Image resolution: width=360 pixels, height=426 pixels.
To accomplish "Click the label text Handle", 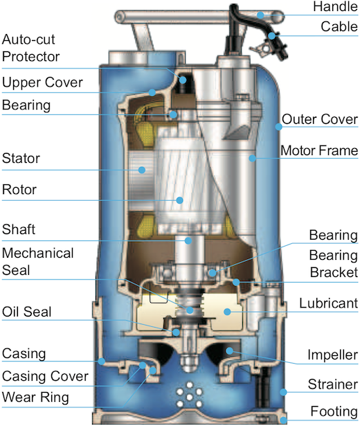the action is pos(335,6).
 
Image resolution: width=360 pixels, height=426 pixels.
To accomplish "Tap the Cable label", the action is pos(339,26).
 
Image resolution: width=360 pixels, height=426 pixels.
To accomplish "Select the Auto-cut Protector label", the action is pos(30,48).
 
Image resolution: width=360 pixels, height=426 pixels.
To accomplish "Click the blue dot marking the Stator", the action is pos(141,170).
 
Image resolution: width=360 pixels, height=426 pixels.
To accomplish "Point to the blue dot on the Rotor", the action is pos(179,200).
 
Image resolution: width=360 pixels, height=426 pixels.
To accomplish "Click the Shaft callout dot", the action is pos(188,240).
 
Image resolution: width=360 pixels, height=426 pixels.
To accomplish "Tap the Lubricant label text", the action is pos(329,303).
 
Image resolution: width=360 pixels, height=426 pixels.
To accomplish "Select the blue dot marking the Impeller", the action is pos(229,350).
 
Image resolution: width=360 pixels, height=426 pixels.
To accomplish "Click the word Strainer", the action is pos(333,384).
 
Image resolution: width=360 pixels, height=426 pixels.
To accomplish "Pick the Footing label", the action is pos(334,411).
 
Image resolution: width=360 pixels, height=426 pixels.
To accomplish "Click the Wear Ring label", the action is pos(35,397).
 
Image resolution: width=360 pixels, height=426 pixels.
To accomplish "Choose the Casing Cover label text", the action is pos(45,376).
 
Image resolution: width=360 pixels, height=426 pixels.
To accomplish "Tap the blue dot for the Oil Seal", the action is pos(177,332).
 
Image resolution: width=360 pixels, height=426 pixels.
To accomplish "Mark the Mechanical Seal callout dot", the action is pos(190,310).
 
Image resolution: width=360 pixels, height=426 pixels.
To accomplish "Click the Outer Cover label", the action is pos(320,119).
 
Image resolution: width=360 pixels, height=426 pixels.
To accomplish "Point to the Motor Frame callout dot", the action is pos(252,158).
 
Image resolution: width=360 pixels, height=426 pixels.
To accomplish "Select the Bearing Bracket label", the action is pos(334,264).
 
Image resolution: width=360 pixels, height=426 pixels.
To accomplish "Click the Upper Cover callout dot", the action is pos(152,93).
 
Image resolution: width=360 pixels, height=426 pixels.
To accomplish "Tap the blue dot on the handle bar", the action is pos(260,15).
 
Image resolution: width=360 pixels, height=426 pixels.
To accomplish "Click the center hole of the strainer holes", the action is pos(189,397).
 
